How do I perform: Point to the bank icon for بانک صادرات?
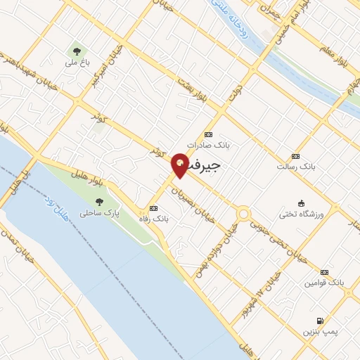208,134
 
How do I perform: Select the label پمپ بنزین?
320,330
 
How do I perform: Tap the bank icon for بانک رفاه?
154,208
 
